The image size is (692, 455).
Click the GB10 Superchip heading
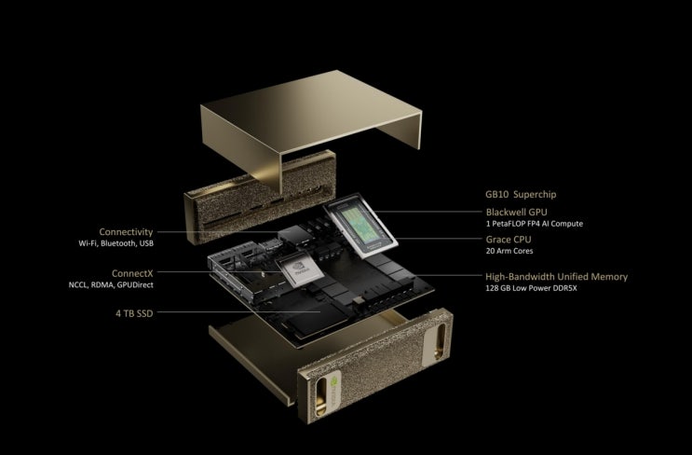[x=521, y=194]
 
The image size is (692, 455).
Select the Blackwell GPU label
[x=516, y=212]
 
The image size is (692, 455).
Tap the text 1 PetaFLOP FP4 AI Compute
[x=535, y=224]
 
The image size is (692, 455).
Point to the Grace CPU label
[x=509, y=240]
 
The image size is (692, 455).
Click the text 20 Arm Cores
[x=509, y=251]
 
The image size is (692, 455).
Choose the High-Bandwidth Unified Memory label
[x=557, y=277]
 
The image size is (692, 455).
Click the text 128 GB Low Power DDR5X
[x=532, y=288]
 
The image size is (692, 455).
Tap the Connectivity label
[x=126, y=232]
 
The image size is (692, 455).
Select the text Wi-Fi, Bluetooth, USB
[x=116, y=243]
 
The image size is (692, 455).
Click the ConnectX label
[x=132, y=273]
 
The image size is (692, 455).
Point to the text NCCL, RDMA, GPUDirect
[x=111, y=285]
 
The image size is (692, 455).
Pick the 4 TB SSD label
[x=134, y=313]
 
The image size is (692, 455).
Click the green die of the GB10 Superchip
[x=359, y=226]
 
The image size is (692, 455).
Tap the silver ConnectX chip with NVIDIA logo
[x=300, y=270]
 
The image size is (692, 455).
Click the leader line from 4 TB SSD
[x=238, y=311]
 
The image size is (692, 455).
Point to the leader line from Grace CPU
[x=438, y=239]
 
